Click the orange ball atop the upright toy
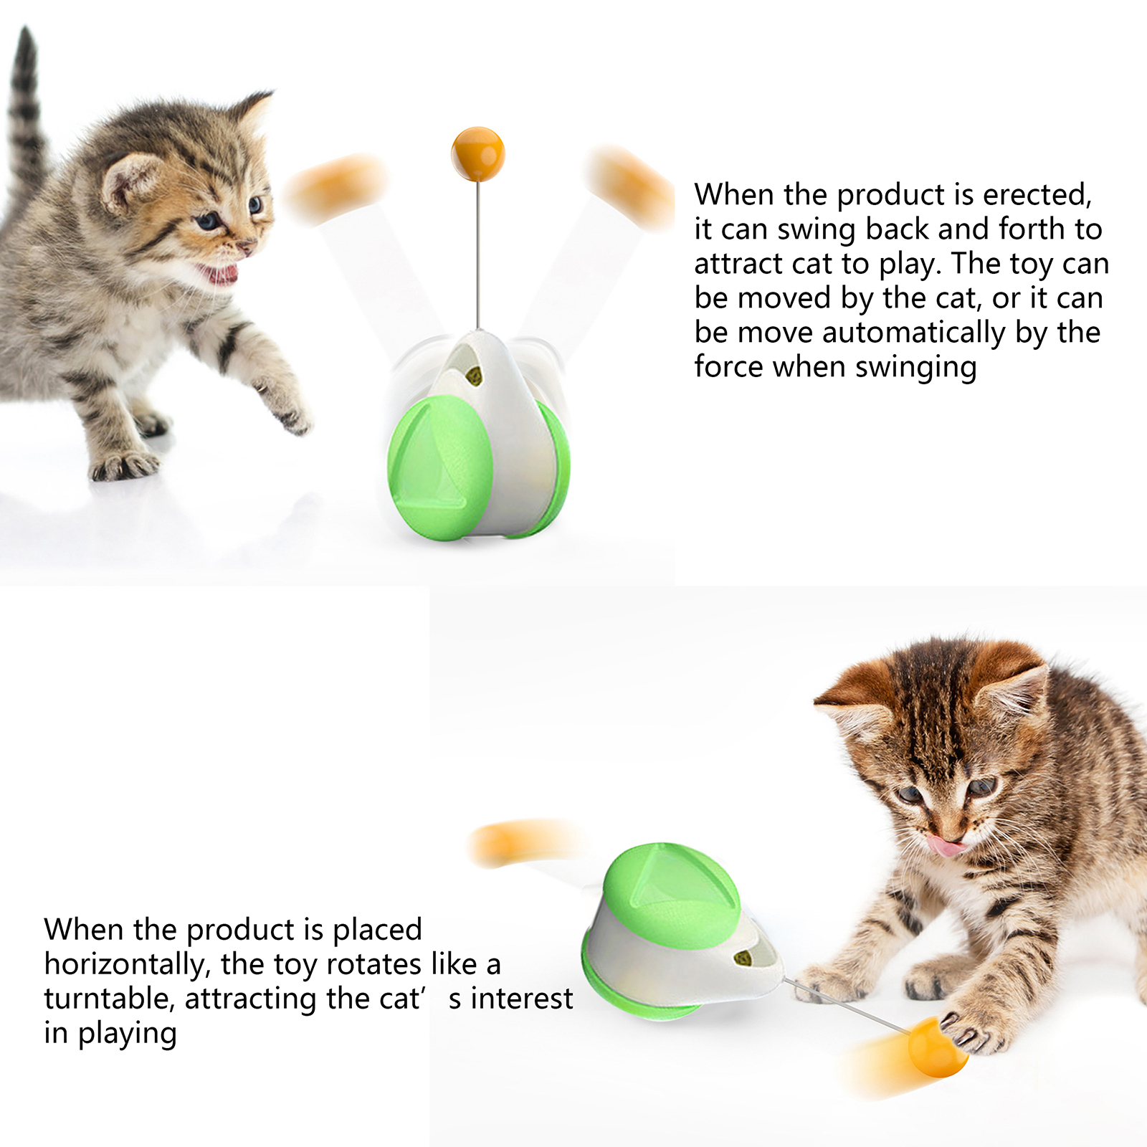click(x=477, y=154)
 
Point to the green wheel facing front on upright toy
click(x=439, y=467)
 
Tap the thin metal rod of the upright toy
click(x=477, y=254)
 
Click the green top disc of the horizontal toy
click(x=671, y=895)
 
